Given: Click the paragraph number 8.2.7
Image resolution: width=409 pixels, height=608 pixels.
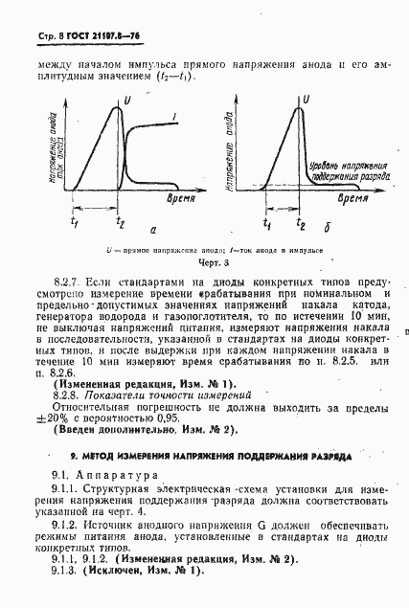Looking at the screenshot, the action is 66,284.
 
